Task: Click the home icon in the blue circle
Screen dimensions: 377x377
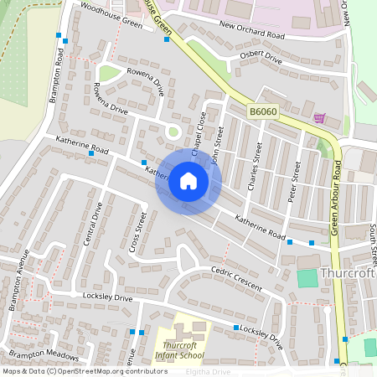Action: [x=188, y=181]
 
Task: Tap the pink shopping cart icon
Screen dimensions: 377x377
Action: [x=319, y=118]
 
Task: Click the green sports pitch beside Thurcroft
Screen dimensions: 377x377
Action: [x=307, y=277]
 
